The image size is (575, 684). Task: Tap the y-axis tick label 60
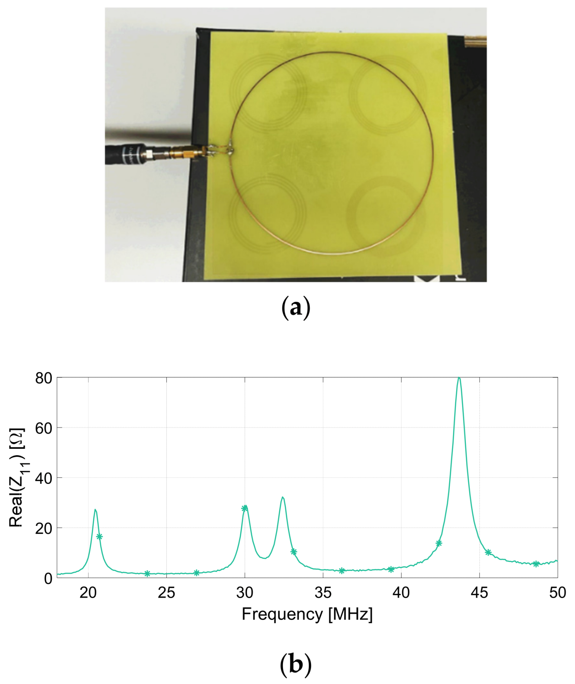[44, 428]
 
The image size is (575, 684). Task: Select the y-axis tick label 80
[44, 378]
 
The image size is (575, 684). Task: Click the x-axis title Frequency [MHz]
[307, 614]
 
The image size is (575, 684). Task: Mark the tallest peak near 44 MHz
[459, 378]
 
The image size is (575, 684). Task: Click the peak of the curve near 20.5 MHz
[95, 510]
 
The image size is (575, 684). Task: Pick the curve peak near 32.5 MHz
[283, 497]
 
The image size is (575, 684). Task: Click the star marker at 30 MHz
[245, 508]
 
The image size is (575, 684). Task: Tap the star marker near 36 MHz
[342, 571]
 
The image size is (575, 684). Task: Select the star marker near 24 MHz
[147, 573]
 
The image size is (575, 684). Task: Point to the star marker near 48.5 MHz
[536, 564]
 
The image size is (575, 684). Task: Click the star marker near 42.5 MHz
[439, 543]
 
